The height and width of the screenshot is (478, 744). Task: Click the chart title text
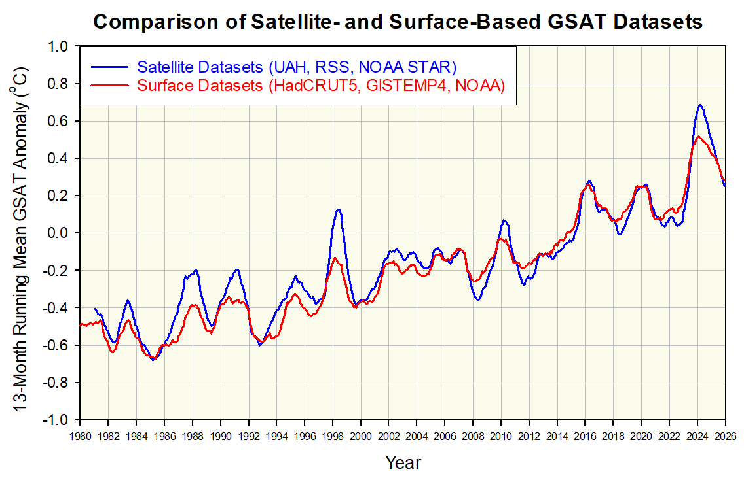click(x=398, y=22)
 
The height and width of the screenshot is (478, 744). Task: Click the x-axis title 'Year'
click(x=403, y=462)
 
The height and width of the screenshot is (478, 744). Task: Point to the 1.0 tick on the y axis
click(x=59, y=47)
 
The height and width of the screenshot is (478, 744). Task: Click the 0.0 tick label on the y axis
click(x=59, y=233)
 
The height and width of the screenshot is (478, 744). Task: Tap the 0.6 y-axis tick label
click(x=59, y=122)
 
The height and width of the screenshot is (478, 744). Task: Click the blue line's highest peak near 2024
click(x=700, y=105)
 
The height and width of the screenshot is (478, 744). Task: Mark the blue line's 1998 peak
click(x=338, y=209)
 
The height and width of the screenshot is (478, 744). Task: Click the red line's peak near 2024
click(x=699, y=136)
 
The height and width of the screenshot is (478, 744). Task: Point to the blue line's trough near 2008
click(x=479, y=299)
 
